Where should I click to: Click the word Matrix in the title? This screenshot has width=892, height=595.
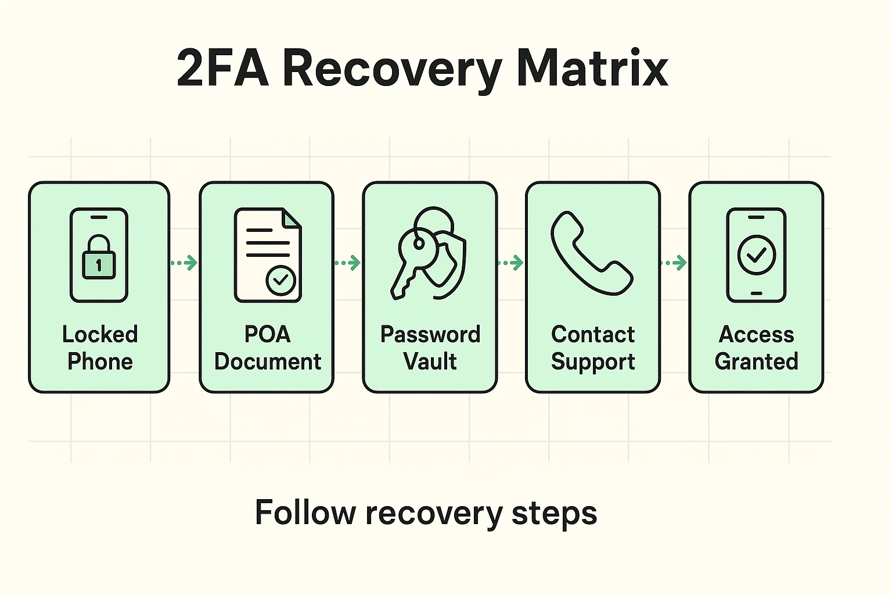pyautogui.click(x=592, y=69)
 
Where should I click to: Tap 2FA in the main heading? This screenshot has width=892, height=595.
pyautogui.click(x=222, y=69)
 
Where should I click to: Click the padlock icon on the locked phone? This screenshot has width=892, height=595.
pyautogui.click(x=99, y=259)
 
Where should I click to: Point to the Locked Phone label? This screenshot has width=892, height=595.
pyautogui.click(x=100, y=347)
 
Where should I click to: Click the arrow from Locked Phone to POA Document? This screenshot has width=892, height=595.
pyautogui.click(x=184, y=263)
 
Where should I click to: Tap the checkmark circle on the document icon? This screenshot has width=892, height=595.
pyautogui.click(x=280, y=281)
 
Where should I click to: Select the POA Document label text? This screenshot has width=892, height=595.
pyautogui.click(x=267, y=347)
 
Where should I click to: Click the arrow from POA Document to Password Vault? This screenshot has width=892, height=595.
pyautogui.click(x=347, y=263)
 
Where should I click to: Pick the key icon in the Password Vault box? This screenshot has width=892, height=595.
pyautogui.click(x=412, y=256)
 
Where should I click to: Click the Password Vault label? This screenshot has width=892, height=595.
pyautogui.click(x=430, y=347)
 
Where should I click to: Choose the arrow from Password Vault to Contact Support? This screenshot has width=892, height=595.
pyautogui.click(x=510, y=263)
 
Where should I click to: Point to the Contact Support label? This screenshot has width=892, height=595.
pyautogui.click(x=593, y=347)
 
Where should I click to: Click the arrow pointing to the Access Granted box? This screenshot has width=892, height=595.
pyautogui.click(x=674, y=263)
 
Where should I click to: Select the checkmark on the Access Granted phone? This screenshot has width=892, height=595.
pyautogui.click(x=756, y=255)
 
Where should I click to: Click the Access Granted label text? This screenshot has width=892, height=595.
pyautogui.click(x=756, y=347)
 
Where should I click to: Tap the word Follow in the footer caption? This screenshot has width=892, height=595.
pyautogui.click(x=305, y=512)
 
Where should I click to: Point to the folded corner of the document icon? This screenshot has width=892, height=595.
pyautogui.click(x=292, y=218)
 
